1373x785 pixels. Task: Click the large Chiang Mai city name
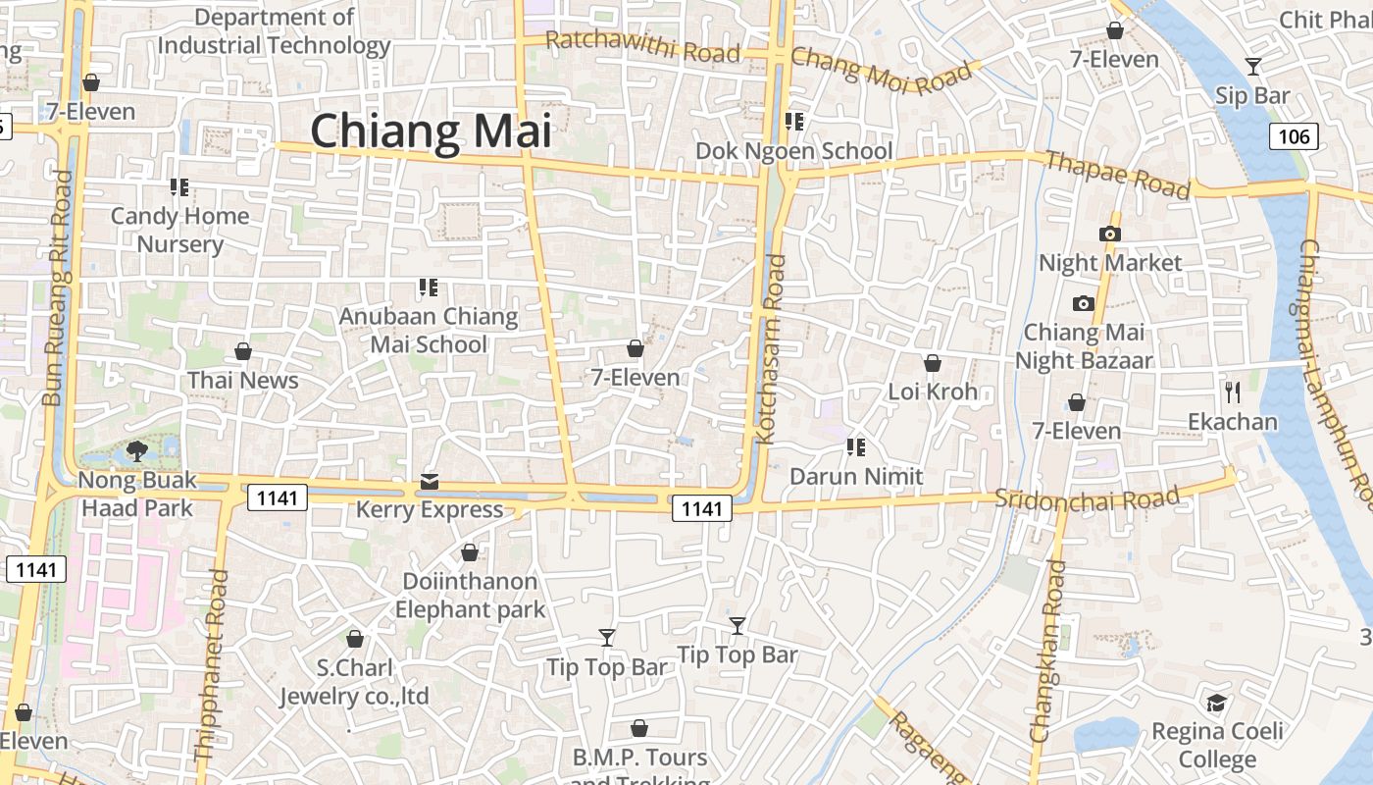432,131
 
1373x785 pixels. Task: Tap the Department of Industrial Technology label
275,31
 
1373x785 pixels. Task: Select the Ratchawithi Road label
642,46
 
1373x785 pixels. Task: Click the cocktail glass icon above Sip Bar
1252,67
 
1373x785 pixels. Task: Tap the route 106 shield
1294,136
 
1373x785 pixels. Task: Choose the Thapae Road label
1117,174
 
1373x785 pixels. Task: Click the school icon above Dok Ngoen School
793,122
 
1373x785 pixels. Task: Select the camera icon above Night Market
1110,234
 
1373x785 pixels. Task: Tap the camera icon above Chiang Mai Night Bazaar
1084,303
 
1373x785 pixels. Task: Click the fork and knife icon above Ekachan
1233,392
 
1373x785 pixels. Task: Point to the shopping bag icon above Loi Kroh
933,363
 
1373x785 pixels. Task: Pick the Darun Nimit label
857,477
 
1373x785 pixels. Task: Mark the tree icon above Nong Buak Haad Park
137,451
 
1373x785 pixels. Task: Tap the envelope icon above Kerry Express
430,482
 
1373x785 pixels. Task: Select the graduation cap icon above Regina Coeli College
1216,703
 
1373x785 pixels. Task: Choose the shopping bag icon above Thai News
243,351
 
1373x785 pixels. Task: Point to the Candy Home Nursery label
179,230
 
